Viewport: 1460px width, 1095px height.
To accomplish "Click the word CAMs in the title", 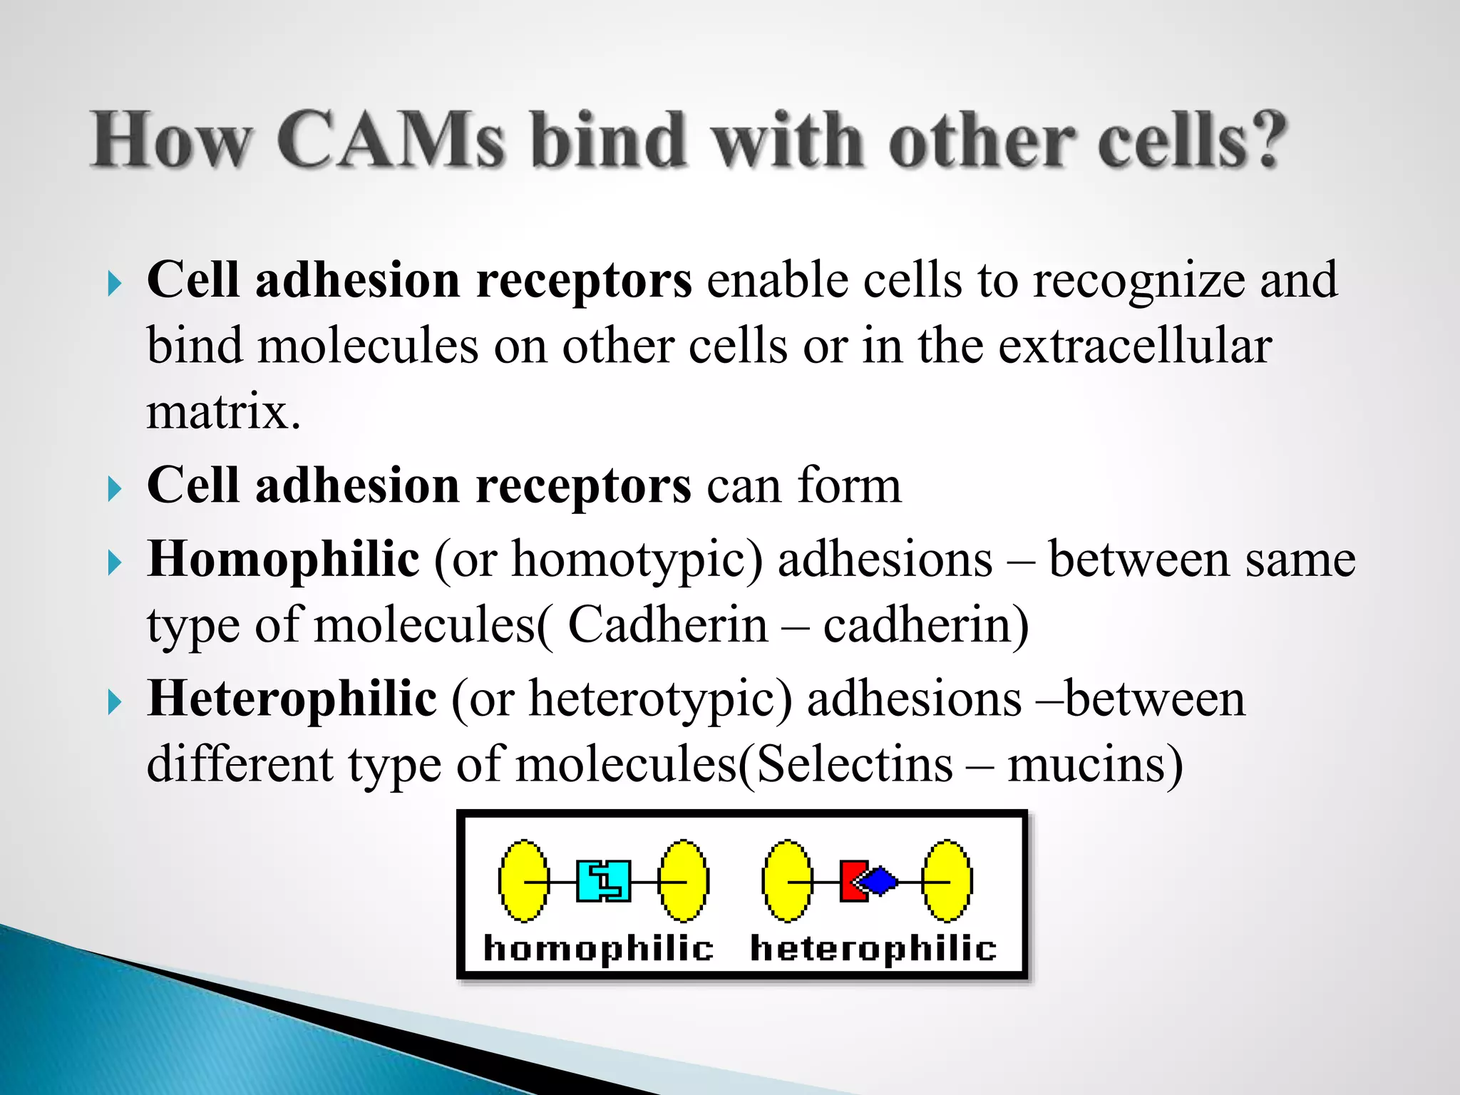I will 391,140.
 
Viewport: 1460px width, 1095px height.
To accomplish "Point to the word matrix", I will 222,412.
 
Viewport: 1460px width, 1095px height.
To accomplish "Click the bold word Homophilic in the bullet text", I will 283,558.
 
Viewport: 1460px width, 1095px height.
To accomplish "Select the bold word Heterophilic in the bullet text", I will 292,698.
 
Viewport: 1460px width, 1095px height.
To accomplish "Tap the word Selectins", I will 854,765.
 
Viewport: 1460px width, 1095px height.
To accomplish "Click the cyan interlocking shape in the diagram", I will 604,881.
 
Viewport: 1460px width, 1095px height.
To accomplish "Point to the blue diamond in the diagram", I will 879,881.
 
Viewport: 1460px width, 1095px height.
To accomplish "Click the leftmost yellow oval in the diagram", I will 524,881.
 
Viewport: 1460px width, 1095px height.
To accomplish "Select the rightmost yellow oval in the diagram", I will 947,881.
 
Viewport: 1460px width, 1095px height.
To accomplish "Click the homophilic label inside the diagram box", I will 598,949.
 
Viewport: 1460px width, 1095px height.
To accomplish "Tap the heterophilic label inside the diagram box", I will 873,949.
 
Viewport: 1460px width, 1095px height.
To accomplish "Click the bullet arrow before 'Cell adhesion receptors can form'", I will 114,489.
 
